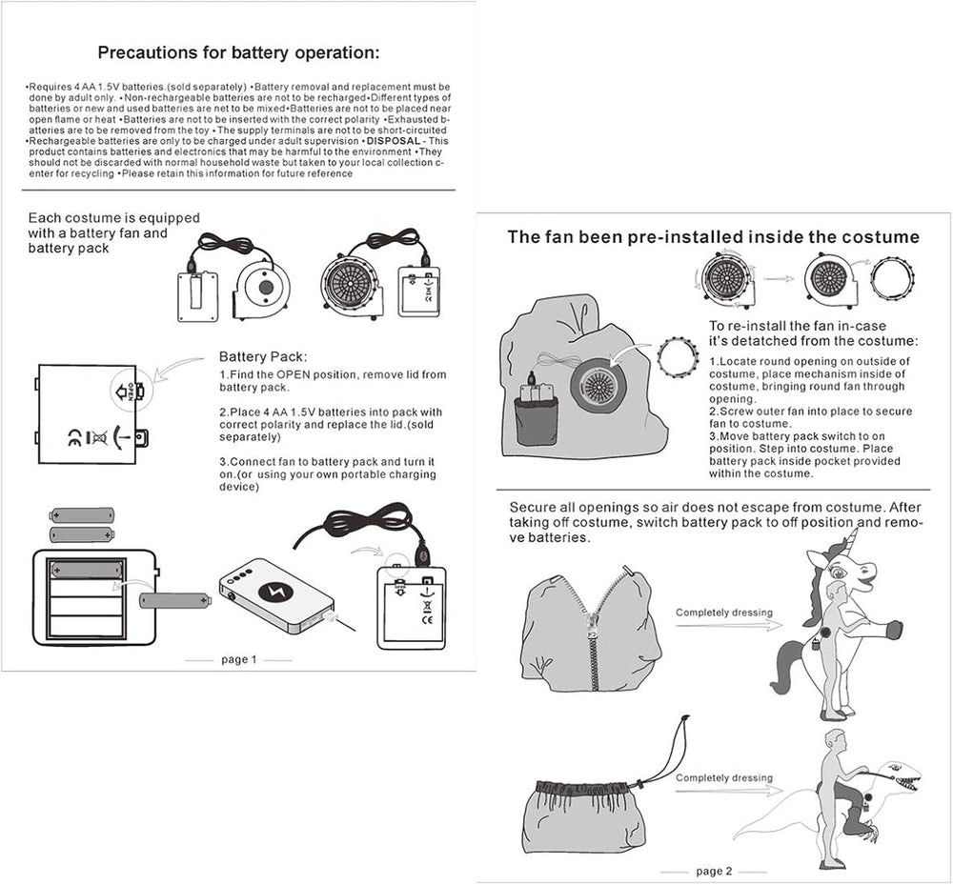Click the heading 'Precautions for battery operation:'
tap(238, 52)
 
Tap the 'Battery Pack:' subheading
tap(263, 356)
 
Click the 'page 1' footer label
tap(238, 659)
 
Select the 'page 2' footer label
tap(714, 871)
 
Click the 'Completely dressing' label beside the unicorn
tap(724, 613)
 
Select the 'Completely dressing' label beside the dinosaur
tap(724, 778)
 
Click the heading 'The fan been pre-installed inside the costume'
tap(713, 237)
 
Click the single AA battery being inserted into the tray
tap(176, 600)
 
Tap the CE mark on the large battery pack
tap(74, 438)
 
